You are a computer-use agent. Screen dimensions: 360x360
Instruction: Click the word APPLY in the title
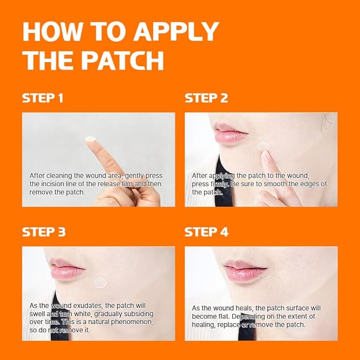click(176, 32)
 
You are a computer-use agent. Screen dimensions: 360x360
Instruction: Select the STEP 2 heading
click(206, 98)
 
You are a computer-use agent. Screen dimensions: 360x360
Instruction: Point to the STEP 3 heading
click(43, 232)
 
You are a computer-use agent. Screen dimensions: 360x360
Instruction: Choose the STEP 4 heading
click(207, 232)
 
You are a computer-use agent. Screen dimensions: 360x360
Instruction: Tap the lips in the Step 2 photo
click(231, 133)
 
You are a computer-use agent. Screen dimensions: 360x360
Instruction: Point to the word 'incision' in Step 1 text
click(57, 184)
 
